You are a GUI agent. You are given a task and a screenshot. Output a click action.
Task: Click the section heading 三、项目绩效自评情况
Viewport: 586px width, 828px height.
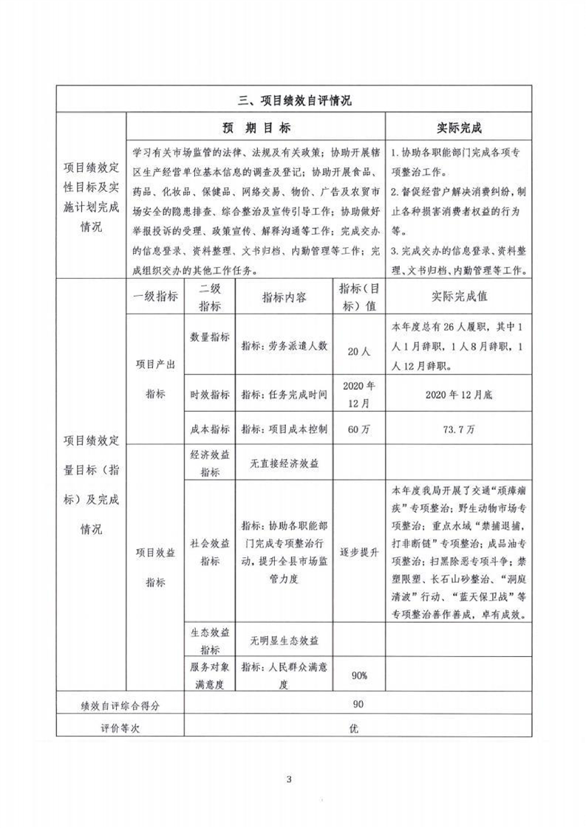pos(293,101)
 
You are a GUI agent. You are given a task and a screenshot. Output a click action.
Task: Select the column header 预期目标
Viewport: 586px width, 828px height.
pos(256,128)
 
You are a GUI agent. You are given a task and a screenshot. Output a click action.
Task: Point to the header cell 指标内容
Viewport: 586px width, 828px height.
pos(285,297)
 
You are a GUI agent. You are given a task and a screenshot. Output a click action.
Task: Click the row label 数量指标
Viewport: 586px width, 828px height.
pos(210,337)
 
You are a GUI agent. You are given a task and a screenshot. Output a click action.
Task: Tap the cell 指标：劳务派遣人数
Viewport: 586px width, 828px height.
pos(285,345)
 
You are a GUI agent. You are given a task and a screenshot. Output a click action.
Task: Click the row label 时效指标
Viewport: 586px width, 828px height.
pos(210,393)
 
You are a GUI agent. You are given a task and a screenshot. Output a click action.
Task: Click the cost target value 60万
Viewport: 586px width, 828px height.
pos(358,429)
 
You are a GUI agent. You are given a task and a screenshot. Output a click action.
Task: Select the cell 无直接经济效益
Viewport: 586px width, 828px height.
pos(285,463)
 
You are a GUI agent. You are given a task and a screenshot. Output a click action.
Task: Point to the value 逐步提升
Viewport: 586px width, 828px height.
pos(358,551)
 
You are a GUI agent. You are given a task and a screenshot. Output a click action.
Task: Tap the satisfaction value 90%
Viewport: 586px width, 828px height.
pos(358,675)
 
